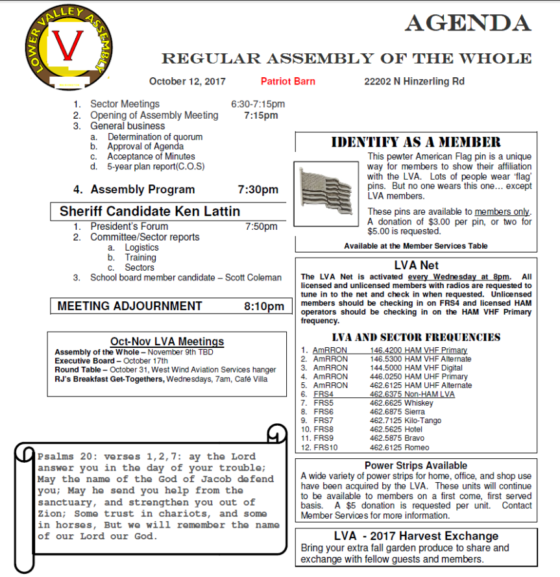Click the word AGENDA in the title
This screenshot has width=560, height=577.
(468, 23)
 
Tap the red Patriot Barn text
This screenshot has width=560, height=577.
(288, 81)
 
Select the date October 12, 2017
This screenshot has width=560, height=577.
(188, 81)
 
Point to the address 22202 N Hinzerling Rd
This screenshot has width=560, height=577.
(414, 81)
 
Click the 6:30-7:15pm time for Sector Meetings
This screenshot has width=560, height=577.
(258, 104)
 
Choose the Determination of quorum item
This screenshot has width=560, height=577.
(155, 137)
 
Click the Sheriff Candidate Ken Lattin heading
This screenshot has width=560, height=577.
(150, 212)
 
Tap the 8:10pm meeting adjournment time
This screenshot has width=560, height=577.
(264, 306)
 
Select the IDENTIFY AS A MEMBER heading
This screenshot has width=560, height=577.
(416, 142)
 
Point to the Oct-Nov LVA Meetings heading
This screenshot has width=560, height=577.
(167, 341)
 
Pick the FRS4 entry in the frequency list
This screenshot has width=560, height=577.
(323, 394)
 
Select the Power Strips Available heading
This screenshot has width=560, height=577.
(416, 465)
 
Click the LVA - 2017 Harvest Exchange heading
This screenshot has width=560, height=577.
(416, 536)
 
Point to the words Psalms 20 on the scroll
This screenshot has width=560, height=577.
(59, 456)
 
